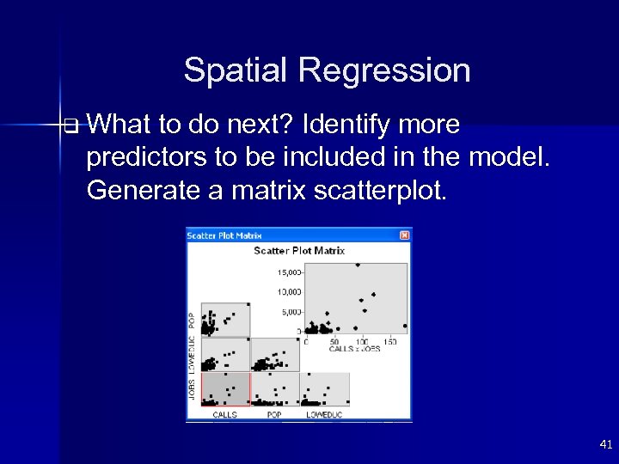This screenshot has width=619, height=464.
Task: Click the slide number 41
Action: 605,444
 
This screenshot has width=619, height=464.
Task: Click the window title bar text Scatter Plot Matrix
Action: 224,235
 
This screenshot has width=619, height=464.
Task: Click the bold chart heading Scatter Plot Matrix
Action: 298,251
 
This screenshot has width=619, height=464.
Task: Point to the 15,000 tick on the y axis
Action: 288,272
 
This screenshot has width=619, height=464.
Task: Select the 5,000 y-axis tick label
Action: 290,312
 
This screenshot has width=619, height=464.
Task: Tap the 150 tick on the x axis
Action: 389,342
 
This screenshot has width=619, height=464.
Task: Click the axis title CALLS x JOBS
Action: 354,350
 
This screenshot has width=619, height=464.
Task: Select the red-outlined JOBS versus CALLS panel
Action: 225,389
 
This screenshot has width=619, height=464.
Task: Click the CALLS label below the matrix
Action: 225,415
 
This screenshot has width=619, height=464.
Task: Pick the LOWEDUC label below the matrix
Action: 324,415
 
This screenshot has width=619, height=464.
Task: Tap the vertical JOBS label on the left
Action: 192,389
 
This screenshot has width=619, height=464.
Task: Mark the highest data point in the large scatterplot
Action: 358,266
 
